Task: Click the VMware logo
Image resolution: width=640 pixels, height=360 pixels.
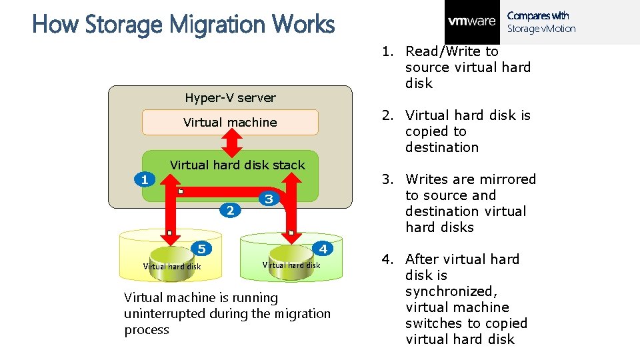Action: [472, 21]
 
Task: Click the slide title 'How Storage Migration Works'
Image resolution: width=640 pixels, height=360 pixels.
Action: [183, 25]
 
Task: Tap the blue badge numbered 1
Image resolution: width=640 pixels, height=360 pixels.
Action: [144, 179]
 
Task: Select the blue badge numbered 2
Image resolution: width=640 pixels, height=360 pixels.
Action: [230, 211]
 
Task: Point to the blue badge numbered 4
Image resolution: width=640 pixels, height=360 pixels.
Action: [323, 249]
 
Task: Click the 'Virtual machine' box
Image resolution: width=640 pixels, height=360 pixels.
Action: [230, 122]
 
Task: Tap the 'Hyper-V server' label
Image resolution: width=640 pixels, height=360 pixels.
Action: [230, 98]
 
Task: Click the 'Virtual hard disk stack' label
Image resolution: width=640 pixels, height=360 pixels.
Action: [237, 165]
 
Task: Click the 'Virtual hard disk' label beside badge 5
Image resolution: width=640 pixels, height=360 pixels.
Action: [172, 267]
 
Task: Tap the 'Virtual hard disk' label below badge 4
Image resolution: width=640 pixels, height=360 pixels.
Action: [291, 265]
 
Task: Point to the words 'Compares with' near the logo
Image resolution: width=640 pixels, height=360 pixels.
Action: [538, 15]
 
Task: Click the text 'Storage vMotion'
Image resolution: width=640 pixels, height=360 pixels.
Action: [541, 29]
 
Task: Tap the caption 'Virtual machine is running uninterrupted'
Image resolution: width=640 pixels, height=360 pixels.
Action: [227, 313]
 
